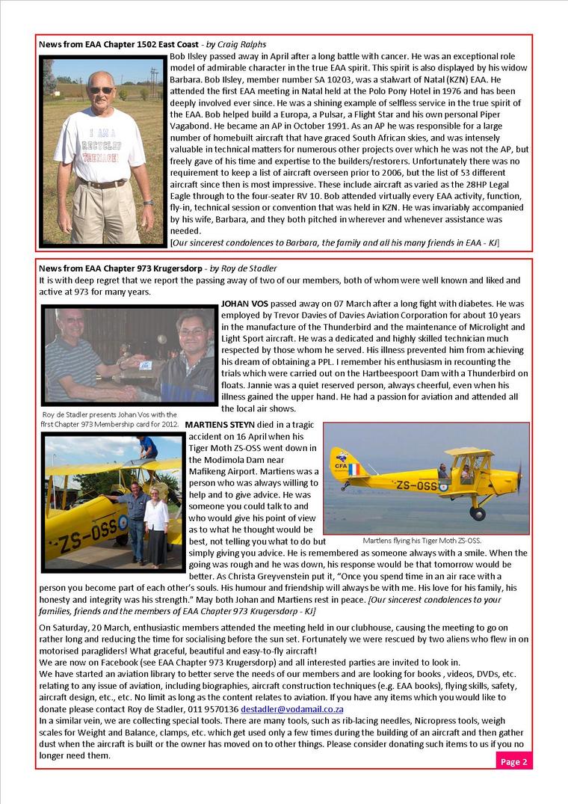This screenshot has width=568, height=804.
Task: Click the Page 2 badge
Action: click(x=513, y=761)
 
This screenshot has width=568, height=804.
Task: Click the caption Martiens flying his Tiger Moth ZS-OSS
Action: click(x=422, y=541)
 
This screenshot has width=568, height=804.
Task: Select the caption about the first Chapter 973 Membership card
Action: click(x=110, y=419)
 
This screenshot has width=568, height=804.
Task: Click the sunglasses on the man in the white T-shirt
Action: click(x=101, y=90)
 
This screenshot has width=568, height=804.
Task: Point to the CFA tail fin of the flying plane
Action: click(x=345, y=463)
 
